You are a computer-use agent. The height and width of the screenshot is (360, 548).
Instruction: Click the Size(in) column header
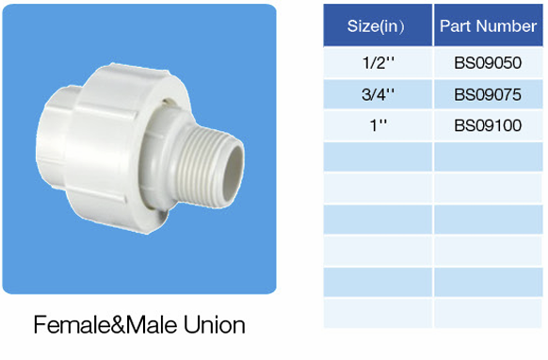(377, 25)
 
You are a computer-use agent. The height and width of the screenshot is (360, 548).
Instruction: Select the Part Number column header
(488, 25)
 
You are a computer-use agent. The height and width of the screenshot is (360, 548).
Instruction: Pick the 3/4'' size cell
(377, 94)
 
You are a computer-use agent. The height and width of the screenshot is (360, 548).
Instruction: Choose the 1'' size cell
(377, 125)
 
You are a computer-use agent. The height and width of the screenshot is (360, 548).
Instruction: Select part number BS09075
(488, 94)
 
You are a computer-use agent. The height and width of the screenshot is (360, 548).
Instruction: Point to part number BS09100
(488, 125)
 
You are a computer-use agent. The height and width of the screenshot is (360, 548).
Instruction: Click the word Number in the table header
(505, 25)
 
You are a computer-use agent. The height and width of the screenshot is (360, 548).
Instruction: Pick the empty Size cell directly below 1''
(377, 156)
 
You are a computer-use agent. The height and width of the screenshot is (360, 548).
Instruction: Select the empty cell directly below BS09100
(488, 156)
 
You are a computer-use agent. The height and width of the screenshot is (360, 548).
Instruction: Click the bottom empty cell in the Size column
(377, 312)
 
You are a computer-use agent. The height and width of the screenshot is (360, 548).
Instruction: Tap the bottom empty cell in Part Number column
(488, 312)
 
